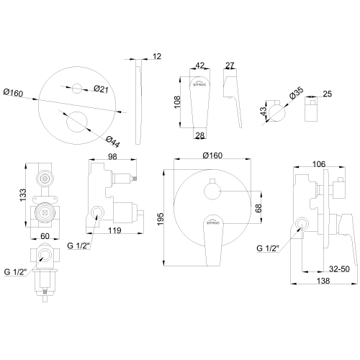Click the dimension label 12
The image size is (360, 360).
pyautogui.click(x=158, y=55)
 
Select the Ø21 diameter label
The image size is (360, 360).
pyautogui.click(x=102, y=89)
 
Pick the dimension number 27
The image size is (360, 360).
pyautogui.click(x=230, y=65)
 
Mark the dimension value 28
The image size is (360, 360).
pyautogui.click(x=201, y=136)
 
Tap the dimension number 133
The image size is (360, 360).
pyautogui.click(x=24, y=195)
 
